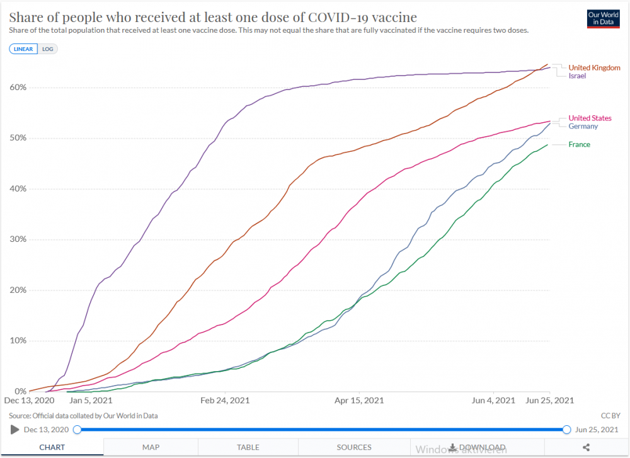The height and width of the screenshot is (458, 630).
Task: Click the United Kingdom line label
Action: [594, 67]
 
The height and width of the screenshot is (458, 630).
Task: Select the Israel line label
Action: [577, 76]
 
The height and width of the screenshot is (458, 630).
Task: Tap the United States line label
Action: [590, 118]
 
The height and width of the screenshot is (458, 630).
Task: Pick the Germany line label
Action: [583, 126]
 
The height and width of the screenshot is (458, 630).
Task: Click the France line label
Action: [579, 144]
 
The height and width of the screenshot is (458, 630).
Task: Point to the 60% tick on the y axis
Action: [18, 88]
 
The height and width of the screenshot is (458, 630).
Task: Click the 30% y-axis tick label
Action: [18, 239]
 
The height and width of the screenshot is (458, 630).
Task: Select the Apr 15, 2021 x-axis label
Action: [358, 400]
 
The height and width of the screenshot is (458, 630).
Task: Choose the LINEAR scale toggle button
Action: [23, 49]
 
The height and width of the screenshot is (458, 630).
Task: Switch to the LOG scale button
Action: [48, 49]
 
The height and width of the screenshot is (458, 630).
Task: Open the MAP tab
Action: [151, 447]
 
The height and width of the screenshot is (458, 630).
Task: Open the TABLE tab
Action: [248, 447]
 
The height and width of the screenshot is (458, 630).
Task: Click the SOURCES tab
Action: [353, 447]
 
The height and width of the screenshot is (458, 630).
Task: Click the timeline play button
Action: [14, 430]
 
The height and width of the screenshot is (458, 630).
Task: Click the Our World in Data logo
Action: [602, 19]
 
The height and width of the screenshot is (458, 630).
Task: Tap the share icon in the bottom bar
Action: [586, 447]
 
